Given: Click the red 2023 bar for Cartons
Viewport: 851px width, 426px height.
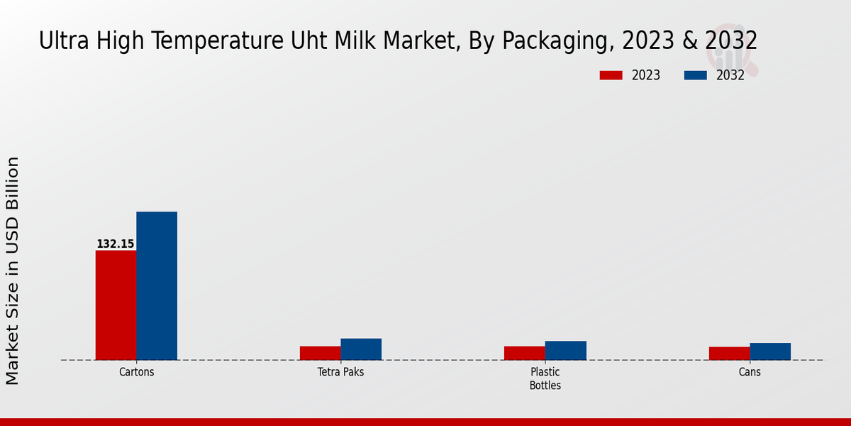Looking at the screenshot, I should pyautogui.click(x=116, y=305).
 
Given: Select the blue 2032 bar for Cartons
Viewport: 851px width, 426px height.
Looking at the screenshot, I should pyautogui.click(x=157, y=285).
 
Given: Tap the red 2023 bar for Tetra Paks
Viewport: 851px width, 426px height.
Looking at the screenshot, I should pyautogui.click(x=320, y=353).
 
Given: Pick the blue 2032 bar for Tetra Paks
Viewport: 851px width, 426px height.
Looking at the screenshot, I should pyautogui.click(x=361, y=349).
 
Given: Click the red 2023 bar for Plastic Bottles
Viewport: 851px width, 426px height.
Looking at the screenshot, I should pyautogui.click(x=524, y=353).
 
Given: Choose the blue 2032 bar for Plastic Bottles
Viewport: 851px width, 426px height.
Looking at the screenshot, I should pyautogui.click(x=565, y=351).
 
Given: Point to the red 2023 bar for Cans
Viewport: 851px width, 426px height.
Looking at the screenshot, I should pyautogui.click(x=729, y=354).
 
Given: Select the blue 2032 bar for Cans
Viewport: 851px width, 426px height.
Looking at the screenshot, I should pyautogui.click(x=770, y=351).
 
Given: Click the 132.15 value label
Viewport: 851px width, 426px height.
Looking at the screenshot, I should pyautogui.click(x=115, y=244).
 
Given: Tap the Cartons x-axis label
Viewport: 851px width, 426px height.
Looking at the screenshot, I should pyautogui.click(x=136, y=372).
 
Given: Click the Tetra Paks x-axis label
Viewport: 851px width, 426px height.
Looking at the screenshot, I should pyautogui.click(x=340, y=372).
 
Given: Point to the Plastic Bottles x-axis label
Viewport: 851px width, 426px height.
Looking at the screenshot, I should pyautogui.click(x=545, y=378).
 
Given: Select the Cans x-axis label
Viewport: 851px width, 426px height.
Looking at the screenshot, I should pyautogui.click(x=750, y=372).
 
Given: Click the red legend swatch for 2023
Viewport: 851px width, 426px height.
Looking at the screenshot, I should pyautogui.click(x=611, y=75).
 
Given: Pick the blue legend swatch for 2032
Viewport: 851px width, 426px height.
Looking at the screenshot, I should pyautogui.click(x=695, y=75).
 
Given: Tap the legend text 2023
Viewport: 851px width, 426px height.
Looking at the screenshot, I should pyautogui.click(x=645, y=75).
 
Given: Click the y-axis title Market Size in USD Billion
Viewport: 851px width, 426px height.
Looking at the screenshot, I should pyautogui.click(x=13, y=271).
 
